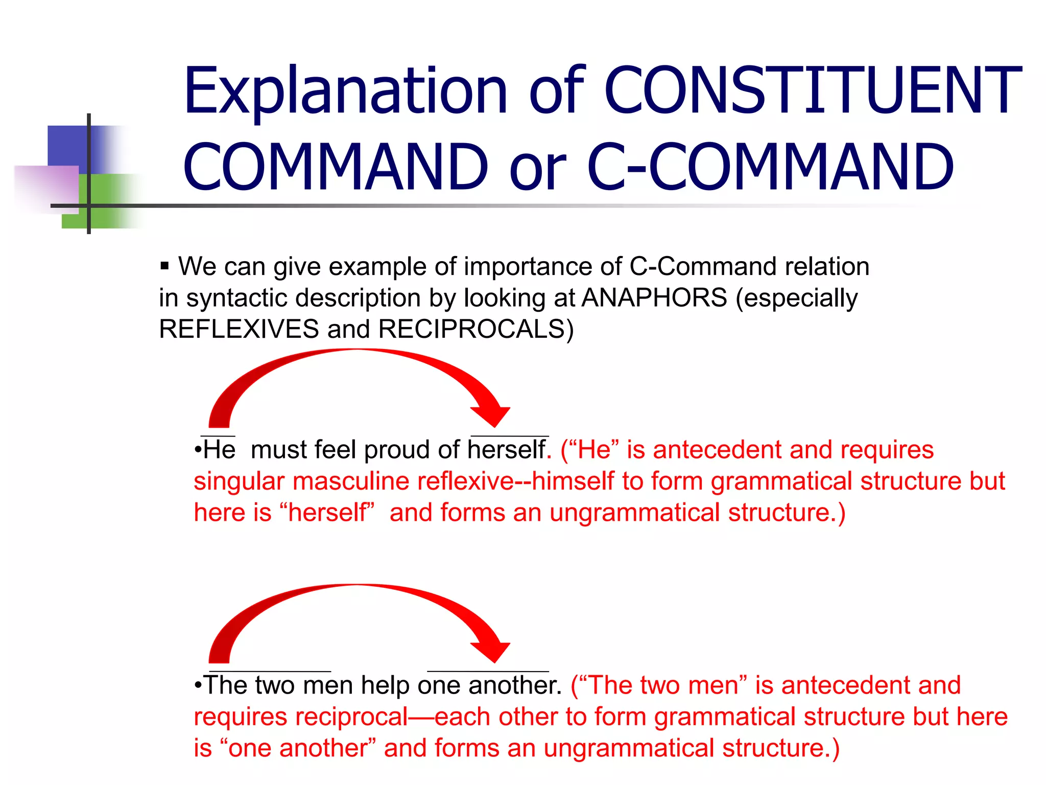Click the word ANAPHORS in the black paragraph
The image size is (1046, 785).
coord(654,298)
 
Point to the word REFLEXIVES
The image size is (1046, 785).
coord(239,329)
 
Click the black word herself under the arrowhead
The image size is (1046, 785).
coord(507,450)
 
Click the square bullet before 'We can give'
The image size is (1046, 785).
coord(164,266)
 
